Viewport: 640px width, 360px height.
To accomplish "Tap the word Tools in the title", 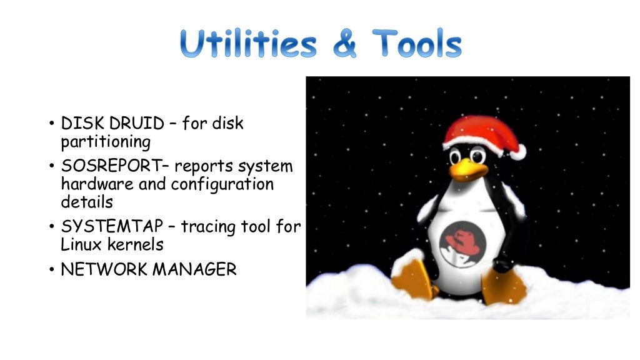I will click(417, 44).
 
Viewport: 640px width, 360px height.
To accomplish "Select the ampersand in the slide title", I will click(342, 44).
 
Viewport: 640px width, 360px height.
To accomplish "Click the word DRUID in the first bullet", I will click(134, 124).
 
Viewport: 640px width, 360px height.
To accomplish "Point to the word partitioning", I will click(106, 142).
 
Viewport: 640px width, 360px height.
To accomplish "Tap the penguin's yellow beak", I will click(467, 168).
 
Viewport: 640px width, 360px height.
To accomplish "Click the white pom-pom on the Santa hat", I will click(517, 151).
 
